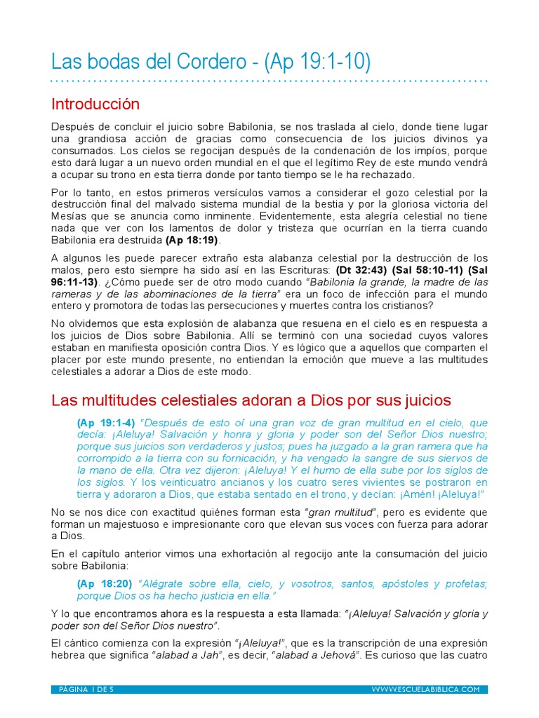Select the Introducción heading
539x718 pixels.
click(95, 104)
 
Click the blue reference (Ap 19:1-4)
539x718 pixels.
click(107, 423)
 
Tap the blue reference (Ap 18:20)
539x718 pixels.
click(107, 584)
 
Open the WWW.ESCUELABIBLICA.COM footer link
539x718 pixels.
click(425, 689)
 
